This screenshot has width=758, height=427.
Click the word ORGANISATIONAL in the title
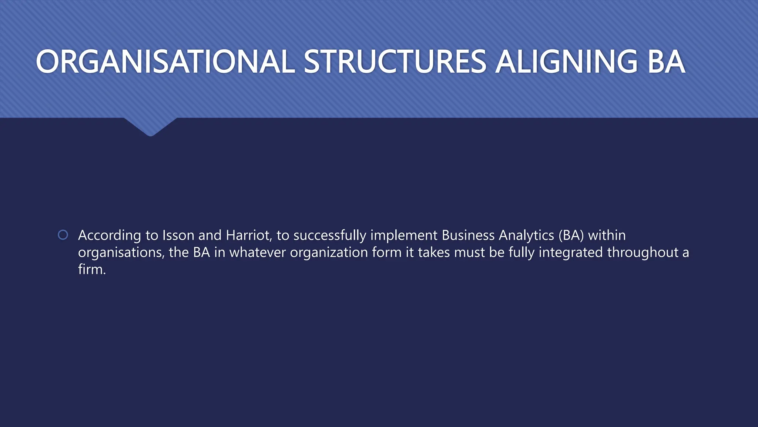(165, 62)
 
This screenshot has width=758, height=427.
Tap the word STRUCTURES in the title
(395, 62)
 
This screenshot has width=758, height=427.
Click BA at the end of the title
(666, 62)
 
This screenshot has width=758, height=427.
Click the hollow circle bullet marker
(63, 235)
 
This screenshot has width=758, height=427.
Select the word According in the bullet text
(109, 236)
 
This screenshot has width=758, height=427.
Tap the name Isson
(178, 235)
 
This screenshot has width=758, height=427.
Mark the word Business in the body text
(468, 235)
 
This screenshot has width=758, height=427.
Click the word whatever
(258, 252)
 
